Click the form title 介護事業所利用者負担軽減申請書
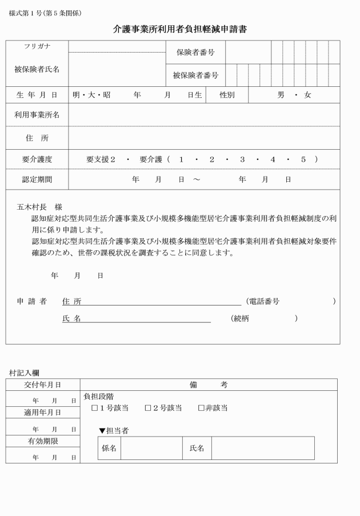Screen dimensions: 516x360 tap(180, 29)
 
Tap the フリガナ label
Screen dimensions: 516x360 tap(37, 46)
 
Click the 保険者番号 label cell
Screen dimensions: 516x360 tap(195, 52)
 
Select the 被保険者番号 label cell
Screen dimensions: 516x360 tap(195, 75)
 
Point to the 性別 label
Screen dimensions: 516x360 tap(227, 95)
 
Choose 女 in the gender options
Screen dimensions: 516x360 tap(307, 95)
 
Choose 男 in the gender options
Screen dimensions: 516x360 tap(281, 95)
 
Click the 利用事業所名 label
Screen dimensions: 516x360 tap(37, 115)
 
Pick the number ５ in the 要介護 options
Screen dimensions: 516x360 tap(303, 159)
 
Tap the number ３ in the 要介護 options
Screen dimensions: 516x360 tap(242, 159)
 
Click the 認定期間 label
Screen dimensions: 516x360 tap(37, 179)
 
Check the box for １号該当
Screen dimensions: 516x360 tap(95, 408)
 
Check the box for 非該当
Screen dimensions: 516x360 tap(201, 408)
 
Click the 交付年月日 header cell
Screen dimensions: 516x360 tap(42, 385)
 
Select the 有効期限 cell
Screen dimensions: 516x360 tap(42, 441)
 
